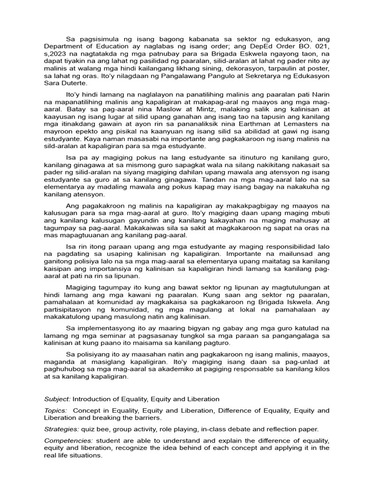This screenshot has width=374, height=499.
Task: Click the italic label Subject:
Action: coord(57,399)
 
